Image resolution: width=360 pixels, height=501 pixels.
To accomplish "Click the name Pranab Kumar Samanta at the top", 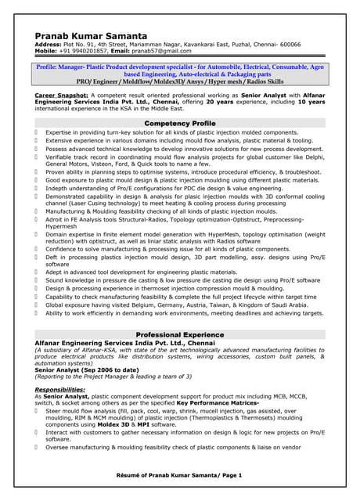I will click(91, 36).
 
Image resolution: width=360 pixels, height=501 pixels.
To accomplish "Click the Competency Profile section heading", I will click(180, 124).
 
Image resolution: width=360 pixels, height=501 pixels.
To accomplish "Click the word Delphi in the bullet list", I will click(311, 157).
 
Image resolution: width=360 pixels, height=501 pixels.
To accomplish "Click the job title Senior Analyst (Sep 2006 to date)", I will click(87, 369).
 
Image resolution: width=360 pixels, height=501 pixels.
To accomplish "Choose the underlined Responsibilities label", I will click(60, 389).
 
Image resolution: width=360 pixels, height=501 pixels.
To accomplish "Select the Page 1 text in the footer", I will click(230, 475).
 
